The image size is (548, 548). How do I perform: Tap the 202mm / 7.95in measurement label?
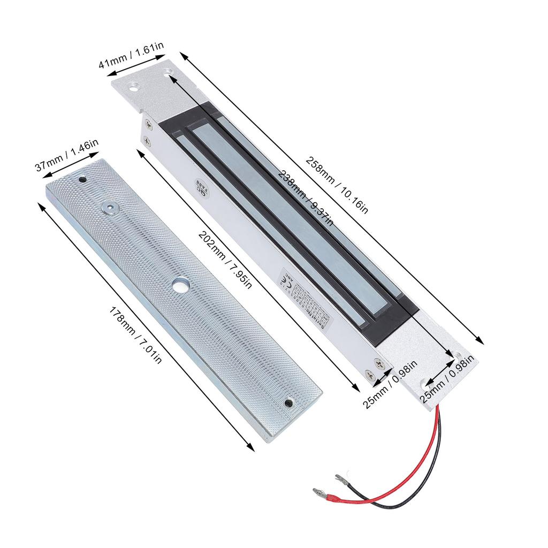click(224, 259)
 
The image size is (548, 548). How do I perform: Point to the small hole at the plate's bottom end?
click(290, 402)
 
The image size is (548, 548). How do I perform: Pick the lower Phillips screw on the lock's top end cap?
click(147, 140)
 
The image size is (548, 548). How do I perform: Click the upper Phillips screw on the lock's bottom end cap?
click(380, 363)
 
